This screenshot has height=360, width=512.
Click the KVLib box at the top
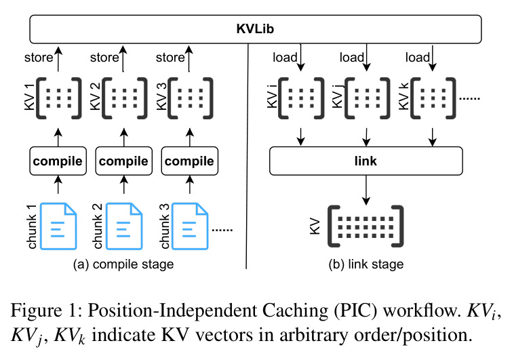256,29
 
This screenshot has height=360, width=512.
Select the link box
366,161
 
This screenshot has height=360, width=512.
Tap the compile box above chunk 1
58,161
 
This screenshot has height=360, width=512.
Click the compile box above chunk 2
123,161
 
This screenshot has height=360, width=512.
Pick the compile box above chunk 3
190,161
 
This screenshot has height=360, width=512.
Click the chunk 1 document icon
58,226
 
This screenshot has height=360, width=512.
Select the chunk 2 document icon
124,226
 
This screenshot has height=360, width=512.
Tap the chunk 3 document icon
190,226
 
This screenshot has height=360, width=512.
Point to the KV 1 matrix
58,98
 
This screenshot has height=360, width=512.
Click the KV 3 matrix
190,98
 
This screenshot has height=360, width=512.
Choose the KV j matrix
367,98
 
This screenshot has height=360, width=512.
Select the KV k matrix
433,98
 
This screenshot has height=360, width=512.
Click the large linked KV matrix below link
366,226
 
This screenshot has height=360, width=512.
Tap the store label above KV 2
104,58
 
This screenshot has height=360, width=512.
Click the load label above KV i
285,58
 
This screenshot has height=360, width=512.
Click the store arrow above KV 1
58,59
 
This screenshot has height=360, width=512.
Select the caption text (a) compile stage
123,264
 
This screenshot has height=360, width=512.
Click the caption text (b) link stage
366,264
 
